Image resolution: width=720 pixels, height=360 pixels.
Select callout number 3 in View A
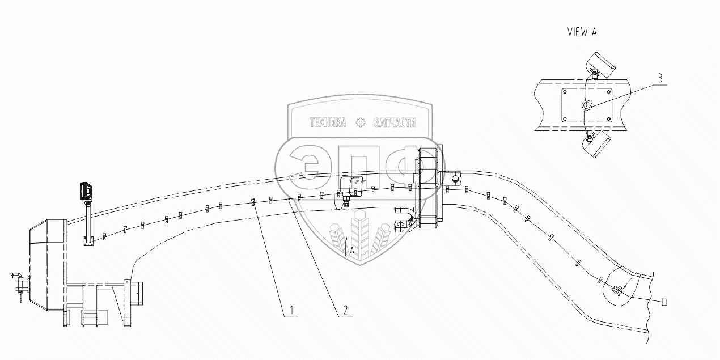tap(659, 78)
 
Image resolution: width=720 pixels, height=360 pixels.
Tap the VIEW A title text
tap(582, 32)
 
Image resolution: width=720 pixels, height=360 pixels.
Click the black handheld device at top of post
tap(86, 190)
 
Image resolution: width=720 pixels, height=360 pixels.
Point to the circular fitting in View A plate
tap(587, 105)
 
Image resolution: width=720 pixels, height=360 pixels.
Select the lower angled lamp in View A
tap(595, 144)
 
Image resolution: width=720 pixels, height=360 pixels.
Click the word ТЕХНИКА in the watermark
tap(327, 122)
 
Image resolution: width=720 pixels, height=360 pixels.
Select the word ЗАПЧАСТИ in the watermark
tap(395, 122)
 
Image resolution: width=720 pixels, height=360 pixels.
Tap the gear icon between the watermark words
tap(360, 122)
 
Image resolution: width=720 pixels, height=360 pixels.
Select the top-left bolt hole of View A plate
tap(564, 92)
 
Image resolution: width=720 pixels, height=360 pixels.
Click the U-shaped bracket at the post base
tap(87, 242)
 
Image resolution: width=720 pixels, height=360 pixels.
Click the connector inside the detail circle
tap(618, 291)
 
